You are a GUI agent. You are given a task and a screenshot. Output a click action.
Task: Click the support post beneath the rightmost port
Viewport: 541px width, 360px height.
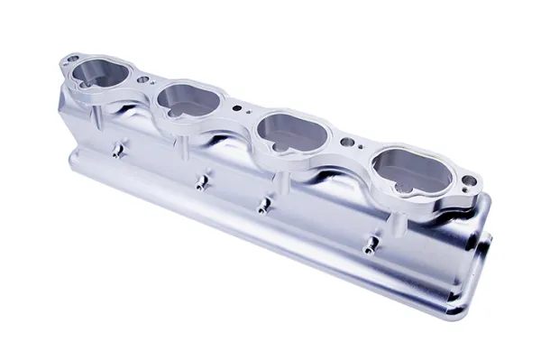pyautogui.click(x=393, y=216)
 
